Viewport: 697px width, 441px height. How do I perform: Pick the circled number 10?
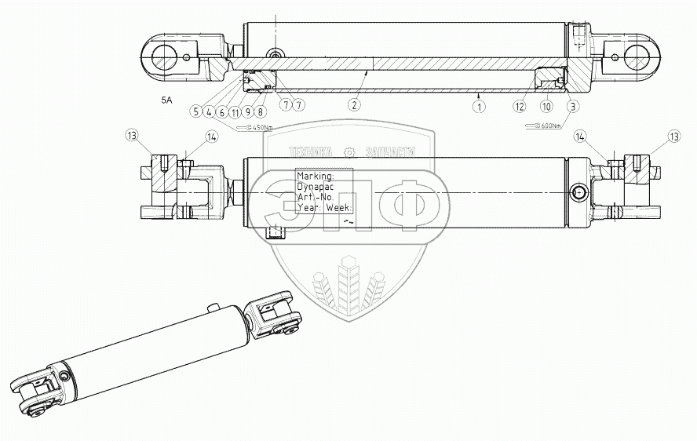pyautogui.click(x=546, y=105)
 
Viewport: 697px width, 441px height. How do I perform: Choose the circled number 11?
pyautogui.click(x=235, y=112)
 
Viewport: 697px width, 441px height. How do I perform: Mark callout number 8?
pyautogui.click(x=260, y=112)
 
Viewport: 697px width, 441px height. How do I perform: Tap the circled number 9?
pyautogui.click(x=247, y=112)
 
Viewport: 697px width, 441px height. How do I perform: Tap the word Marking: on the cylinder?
pyautogui.click(x=316, y=177)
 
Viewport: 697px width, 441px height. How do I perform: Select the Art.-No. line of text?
pyautogui.click(x=316, y=199)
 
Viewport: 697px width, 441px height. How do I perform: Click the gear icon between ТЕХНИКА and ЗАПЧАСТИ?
pyautogui.click(x=348, y=152)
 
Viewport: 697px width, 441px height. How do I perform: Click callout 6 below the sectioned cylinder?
pyautogui.click(x=222, y=112)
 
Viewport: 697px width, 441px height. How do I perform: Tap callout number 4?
pyautogui.click(x=209, y=112)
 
